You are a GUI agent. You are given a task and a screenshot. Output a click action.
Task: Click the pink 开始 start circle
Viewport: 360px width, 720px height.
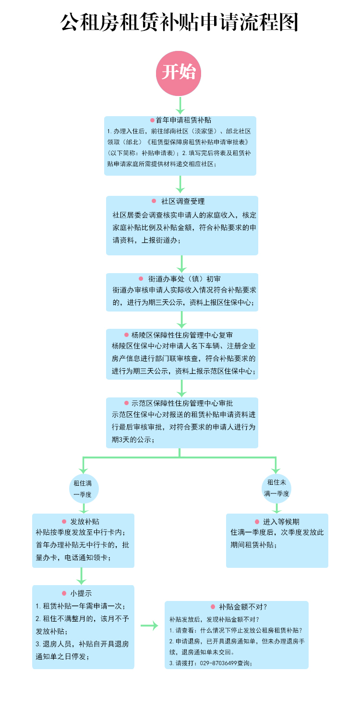(x=179, y=73)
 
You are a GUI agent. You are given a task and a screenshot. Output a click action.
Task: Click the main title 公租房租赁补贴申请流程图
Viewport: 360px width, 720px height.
(x=180, y=22)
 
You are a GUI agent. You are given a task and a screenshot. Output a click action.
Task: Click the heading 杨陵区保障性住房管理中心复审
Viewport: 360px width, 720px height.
(x=182, y=335)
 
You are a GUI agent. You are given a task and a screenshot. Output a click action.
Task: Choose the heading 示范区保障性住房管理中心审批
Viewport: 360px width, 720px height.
(x=182, y=403)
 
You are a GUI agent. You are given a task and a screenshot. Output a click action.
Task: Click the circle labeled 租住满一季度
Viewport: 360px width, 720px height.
(x=83, y=488)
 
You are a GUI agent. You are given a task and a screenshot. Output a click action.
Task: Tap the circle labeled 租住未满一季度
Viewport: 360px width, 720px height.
(x=276, y=488)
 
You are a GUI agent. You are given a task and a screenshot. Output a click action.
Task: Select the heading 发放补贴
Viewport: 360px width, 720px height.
(x=85, y=521)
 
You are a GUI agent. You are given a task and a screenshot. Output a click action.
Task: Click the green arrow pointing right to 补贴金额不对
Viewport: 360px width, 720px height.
(x=149, y=625)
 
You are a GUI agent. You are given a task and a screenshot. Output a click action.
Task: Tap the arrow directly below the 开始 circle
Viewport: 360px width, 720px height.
(x=180, y=106)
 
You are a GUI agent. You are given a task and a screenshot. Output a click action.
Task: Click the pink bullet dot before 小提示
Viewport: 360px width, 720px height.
(x=64, y=593)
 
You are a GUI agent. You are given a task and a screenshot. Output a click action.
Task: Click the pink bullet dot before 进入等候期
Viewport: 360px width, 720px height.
(x=257, y=521)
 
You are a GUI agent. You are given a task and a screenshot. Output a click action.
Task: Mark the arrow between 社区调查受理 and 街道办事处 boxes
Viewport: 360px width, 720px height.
(x=181, y=264)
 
